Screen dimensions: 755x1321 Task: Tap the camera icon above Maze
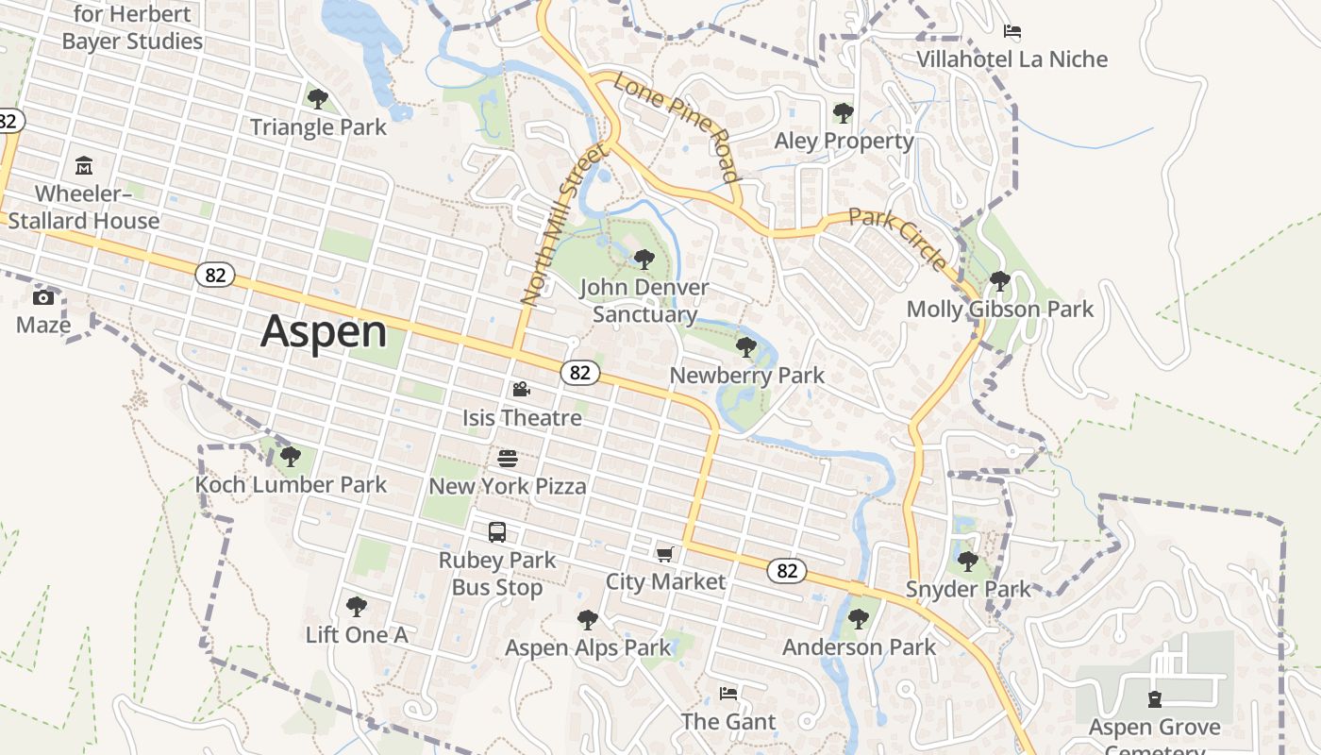[x=42, y=298]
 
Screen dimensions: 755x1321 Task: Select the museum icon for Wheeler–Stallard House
[x=83, y=166]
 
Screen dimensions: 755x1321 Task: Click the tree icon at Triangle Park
[x=318, y=98]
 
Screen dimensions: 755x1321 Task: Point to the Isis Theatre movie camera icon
[x=521, y=389]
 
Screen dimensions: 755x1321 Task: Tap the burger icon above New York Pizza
[x=508, y=459]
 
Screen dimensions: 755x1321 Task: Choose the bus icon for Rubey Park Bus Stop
[x=497, y=532]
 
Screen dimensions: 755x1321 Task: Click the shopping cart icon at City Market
[x=665, y=554]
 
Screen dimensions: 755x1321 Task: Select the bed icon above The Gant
[x=728, y=694]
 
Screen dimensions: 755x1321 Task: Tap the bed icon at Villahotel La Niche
[x=1012, y=31]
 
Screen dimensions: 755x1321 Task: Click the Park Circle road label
[x=897, y=240]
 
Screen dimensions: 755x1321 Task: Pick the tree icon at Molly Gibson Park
[x=999, y=281]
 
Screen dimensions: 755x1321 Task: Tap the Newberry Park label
[x=746, y=376]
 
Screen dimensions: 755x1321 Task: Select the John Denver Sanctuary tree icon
[x=644, y=259]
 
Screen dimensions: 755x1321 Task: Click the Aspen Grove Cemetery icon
[x=1154, y=699]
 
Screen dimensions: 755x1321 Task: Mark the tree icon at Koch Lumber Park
[x=290, y=458]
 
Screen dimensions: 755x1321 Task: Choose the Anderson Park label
[x=859, y=647]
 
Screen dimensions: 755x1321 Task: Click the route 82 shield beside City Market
[x=787, y=570]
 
